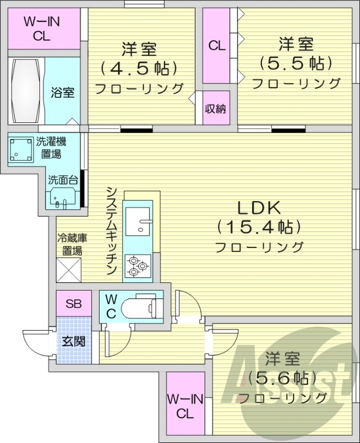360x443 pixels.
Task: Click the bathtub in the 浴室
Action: coord(25,91)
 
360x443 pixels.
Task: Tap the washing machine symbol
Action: coord(21,149)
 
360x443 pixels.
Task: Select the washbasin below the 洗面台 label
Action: coord(62,197)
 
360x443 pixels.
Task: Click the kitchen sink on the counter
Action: coord(137,221)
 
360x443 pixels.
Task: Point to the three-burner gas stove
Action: coord(138,266)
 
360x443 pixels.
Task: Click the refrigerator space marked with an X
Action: coord(69,270)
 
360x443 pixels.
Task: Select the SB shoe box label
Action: coord(74,303)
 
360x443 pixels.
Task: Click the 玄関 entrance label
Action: coord(74,342)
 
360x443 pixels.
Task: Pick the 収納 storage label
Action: coord(215,109)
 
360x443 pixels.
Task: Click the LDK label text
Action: coord(259,208)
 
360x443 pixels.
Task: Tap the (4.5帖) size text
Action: coord(139,68)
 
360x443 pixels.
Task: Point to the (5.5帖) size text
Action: coord(296,63)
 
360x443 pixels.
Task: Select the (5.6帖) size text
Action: coord(282,378)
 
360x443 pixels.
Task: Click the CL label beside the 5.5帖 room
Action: coord(217,45)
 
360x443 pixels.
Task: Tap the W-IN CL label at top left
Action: coord(42,29)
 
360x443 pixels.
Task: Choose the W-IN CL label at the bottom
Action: coord(185,406)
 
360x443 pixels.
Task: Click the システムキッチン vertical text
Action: coord(112,230)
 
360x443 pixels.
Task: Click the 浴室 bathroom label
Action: coord(63,92)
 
